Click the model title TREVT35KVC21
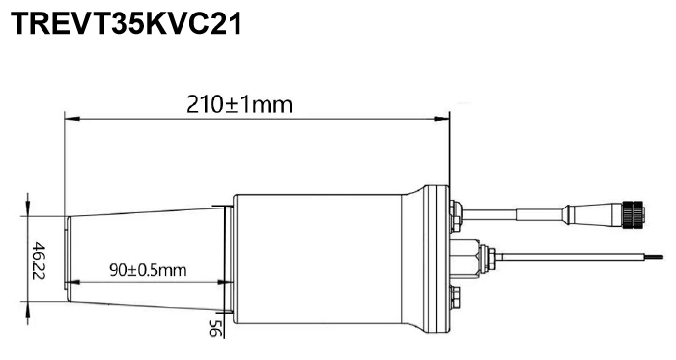click(126, 24)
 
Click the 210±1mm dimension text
click(239, 104)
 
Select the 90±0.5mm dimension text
click(148, 270)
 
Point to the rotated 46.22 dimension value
click(39, 261)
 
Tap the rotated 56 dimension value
click(214, 328)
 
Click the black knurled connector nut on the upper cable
click(634, 212)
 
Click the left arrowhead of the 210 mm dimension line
click(72, 118)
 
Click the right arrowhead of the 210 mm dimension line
click(441, 118)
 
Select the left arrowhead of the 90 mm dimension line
click(73, 283)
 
